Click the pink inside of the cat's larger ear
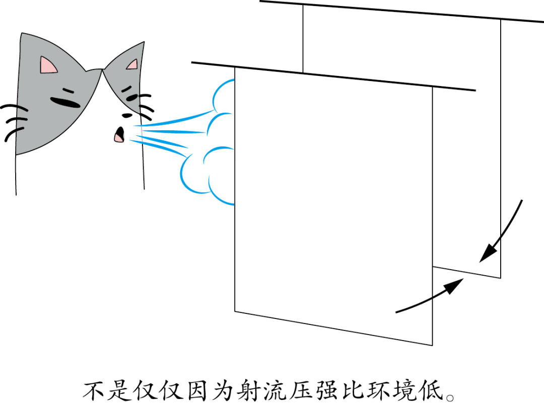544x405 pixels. [47, 66]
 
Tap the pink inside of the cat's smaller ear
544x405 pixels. [132, 65]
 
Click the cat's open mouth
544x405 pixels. [119, 134]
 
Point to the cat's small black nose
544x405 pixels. [127, 115]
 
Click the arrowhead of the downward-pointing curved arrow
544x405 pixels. [489, 252]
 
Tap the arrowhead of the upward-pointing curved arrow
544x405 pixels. [453, 285]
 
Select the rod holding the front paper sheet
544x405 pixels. [333, 76]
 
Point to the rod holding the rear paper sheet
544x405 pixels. [402, 12]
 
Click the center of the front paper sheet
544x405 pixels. [333, 206]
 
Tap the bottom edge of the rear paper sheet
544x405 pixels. [466, 272]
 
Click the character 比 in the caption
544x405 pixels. [353, 390]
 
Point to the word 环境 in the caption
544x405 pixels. [391, 390]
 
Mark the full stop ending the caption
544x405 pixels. [450, 397]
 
